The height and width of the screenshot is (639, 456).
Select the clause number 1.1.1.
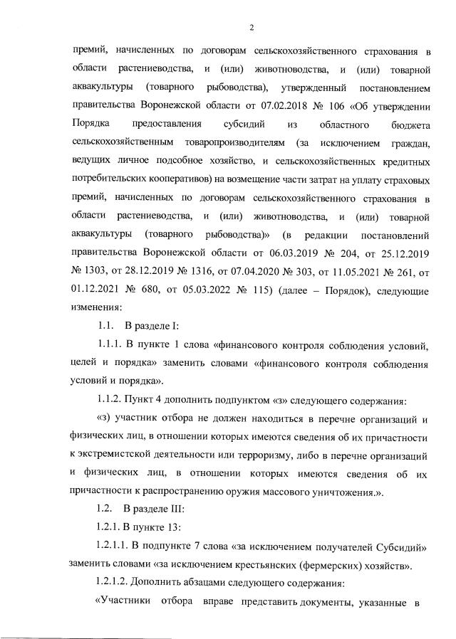tap(109, 345)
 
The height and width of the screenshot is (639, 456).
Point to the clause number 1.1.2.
tap(109, 400)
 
